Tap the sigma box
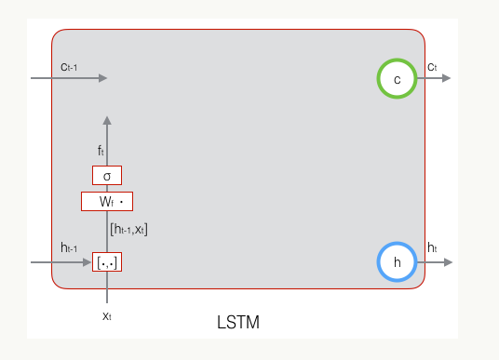point(107,175)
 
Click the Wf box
point(107,201)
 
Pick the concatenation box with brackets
point(107,262)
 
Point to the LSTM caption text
point(238,322)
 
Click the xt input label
point(107,316)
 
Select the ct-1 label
point(69,67)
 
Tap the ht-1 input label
point(69,247)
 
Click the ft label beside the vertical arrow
point(101,151)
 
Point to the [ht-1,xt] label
point(128,229)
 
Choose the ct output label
point(432,67)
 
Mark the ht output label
point(432,247)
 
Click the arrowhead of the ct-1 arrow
point(103,78)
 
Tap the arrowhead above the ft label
point(107,120)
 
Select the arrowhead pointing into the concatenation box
point(88,262)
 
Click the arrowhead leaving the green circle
point(447,78)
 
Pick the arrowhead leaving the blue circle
point(448,262)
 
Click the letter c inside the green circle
point(397,80)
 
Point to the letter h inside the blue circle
point(397,262)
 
